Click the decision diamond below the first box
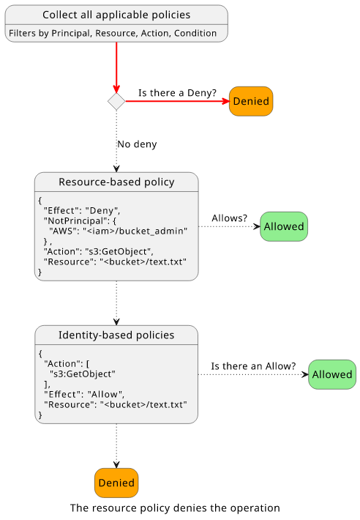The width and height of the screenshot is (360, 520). click(116, 101)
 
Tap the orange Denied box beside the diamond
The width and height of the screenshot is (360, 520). click(251, 101)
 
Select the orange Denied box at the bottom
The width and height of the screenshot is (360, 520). click(116, 483)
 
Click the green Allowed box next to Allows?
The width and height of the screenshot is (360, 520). click(284, 226)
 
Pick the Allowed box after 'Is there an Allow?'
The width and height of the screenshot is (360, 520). click(332, 374)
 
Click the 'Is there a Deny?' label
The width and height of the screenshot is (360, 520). click(177, 93)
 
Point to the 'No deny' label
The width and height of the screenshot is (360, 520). click(137, 144)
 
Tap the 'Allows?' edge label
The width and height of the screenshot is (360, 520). click(230, 218)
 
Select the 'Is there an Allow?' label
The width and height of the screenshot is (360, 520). click(253, 366)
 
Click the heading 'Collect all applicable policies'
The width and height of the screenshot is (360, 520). click(116, 15)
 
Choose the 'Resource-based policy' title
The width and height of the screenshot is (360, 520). click(116, 182)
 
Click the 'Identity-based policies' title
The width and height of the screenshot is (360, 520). click(116, 335)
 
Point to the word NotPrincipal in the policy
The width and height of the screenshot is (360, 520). click(73, 221)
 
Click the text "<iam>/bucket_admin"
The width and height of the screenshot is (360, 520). click(135, 231)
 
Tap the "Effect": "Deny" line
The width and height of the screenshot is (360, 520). click(82, 211)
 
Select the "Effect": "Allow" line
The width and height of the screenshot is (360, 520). click(84, 394)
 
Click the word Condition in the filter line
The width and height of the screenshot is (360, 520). click(195, 33)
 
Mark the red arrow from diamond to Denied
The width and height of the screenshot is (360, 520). click(177, 101)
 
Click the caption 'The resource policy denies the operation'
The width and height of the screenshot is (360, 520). click(175, 508)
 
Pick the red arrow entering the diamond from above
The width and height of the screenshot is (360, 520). click(116, 67)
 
